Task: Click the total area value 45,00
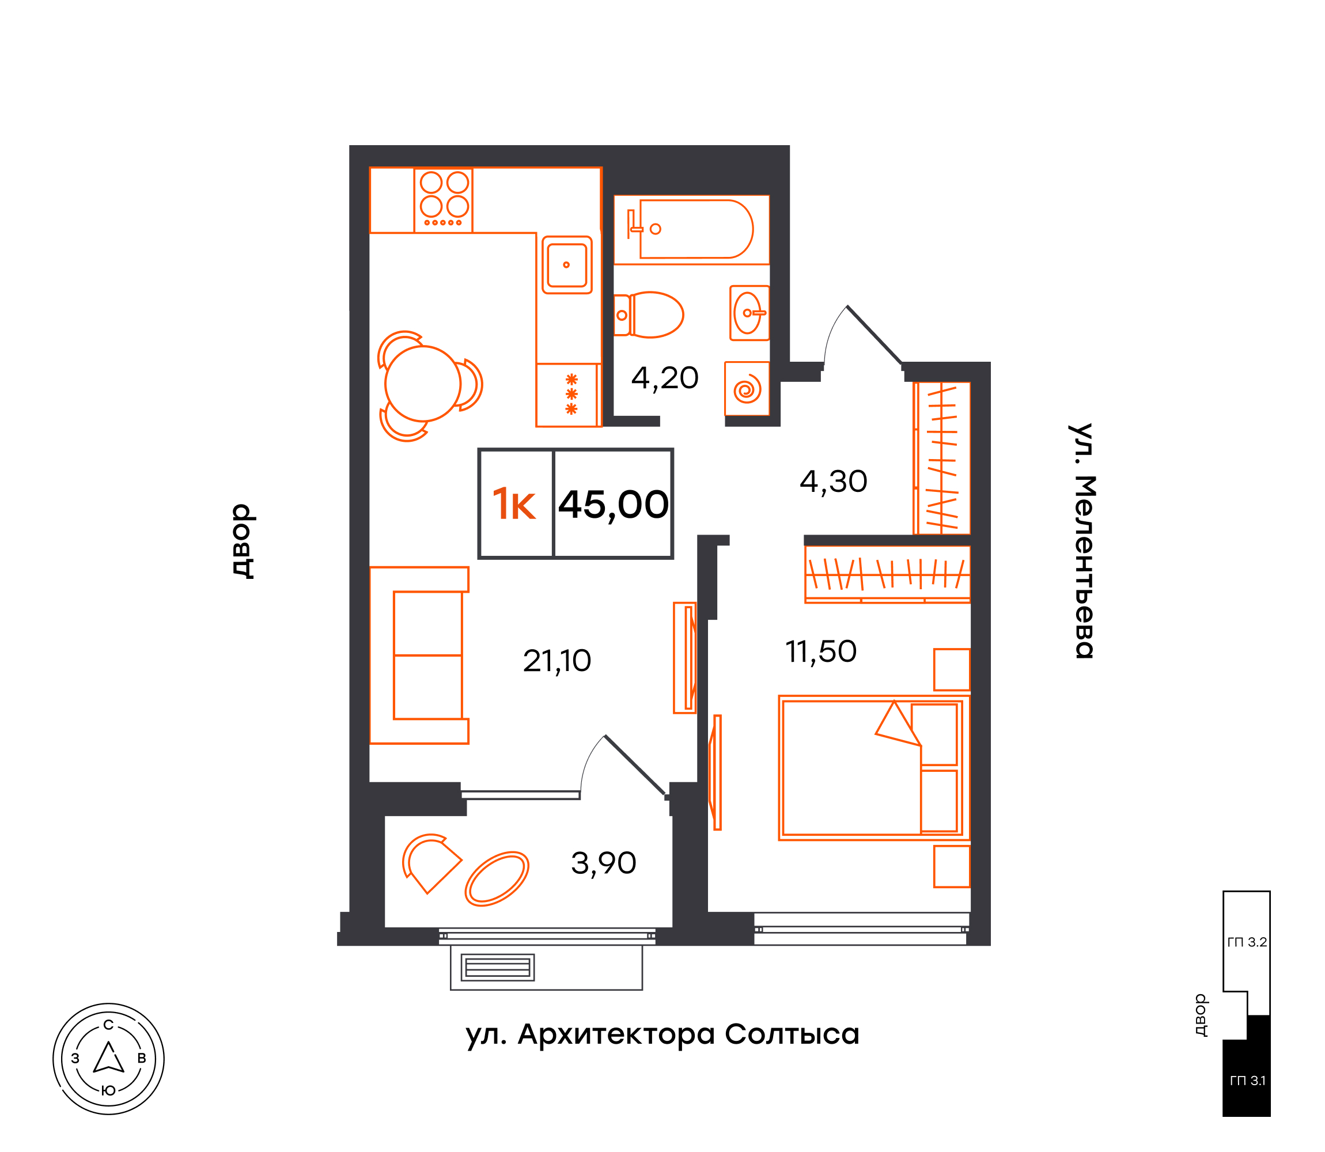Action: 614,505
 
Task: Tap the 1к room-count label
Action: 513,504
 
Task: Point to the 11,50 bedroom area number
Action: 821,652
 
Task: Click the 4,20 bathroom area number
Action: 665,378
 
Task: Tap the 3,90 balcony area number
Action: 603,863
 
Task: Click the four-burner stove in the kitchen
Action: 443,200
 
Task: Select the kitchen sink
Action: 566,265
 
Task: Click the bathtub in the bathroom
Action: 691,229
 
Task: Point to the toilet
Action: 648,315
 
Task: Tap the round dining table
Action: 422,384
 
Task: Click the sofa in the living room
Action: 418,655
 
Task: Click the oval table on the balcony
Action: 497,879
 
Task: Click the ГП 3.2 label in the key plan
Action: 1247,942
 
